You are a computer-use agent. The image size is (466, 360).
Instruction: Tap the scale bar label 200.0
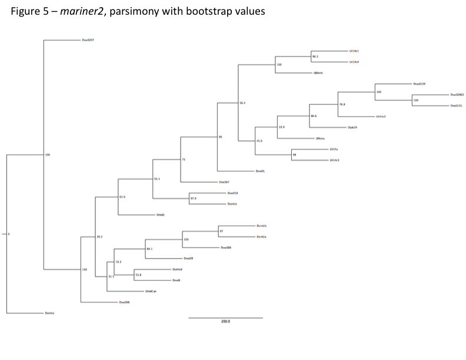pyautogui.click(x=225, y=322)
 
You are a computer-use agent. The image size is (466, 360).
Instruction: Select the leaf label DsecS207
pyautogui.click(x=88, y=40)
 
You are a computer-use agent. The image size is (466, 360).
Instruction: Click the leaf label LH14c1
pyautogui.click(x=354, y=51)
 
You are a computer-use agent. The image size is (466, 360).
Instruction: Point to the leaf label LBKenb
pyautogui.click(x=319, y=73)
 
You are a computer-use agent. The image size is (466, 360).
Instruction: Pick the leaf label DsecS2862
pyautogui.click(x=457, y=95)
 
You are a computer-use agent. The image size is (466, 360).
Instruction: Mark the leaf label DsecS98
pyautogui.click(x=124, y=302)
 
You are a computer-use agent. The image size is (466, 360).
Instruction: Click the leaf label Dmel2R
pyautogui.click(x=188, y=258)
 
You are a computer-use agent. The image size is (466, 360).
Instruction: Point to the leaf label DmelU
pyautogui.click(x=160, y=215)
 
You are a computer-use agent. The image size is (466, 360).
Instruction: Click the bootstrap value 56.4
pyautogui.click(x=242, y=103)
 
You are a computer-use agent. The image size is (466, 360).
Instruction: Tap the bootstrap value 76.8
pyautogui.click(x=342, y=104)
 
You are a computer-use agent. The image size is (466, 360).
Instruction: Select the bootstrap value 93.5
pyautogui.click(x=157, y=178)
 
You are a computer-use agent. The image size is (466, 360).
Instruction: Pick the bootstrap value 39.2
pyautogui.click(x=99, y=236)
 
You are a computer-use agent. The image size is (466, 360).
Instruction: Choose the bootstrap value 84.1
pyautogui.click(x=149, y=249)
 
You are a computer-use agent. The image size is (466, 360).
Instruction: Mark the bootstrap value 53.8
pyautogui.click(x=138, y=275)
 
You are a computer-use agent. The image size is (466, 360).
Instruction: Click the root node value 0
pyautogui.click(x=9, y=235)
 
